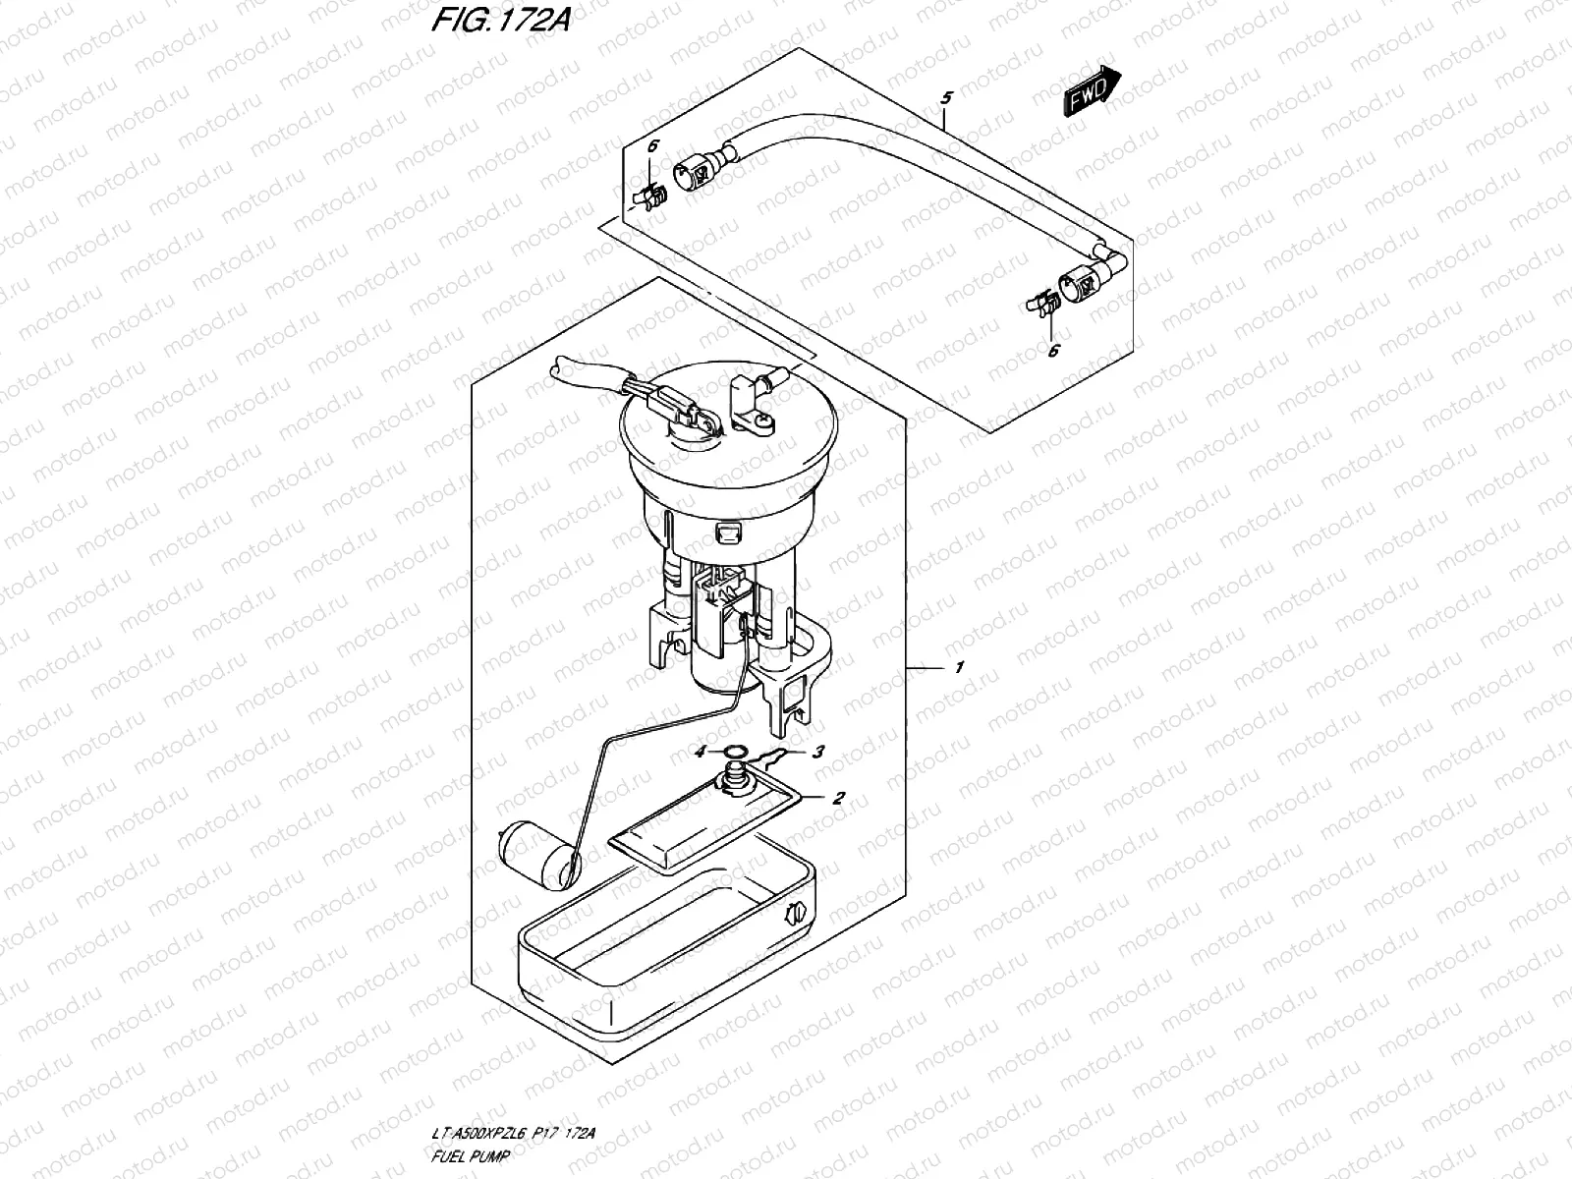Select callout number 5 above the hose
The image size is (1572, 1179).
[946, 98]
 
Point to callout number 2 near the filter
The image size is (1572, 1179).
[838, 798]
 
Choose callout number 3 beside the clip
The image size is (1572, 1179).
[818, 753]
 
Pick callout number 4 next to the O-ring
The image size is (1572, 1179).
[700, 753]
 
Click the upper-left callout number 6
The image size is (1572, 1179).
[653, 146]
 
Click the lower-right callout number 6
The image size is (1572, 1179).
[1052, 351]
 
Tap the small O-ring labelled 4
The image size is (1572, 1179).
[732, 754]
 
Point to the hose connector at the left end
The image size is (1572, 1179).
[696, 174]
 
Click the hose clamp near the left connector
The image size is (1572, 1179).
[653, 196]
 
